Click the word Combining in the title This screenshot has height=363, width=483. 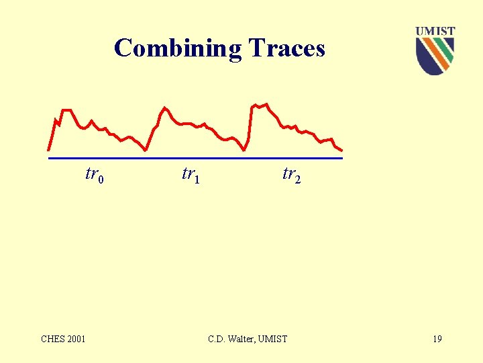point(178,49)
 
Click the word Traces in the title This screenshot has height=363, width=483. point(287,48)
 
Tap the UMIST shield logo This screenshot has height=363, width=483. point(435,56)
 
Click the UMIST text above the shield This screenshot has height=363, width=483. point(435,31)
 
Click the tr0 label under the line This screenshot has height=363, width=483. point(95,175)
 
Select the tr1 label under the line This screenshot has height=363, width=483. point(191,175)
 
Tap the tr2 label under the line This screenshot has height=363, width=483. point(291,175)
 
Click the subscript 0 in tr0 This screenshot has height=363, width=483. point(101,179)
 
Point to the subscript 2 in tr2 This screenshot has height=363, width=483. point(298,179)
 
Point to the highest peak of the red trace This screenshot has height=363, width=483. point(266,104)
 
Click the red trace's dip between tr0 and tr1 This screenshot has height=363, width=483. point(146,151)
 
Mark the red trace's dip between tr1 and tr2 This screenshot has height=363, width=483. point(244,150)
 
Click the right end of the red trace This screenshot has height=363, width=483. point(342,151)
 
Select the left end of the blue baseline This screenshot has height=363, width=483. point(49,159)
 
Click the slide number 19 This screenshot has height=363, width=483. point(437,339)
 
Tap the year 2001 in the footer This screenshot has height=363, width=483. point(76,339)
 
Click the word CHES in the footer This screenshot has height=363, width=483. point(53,339)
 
